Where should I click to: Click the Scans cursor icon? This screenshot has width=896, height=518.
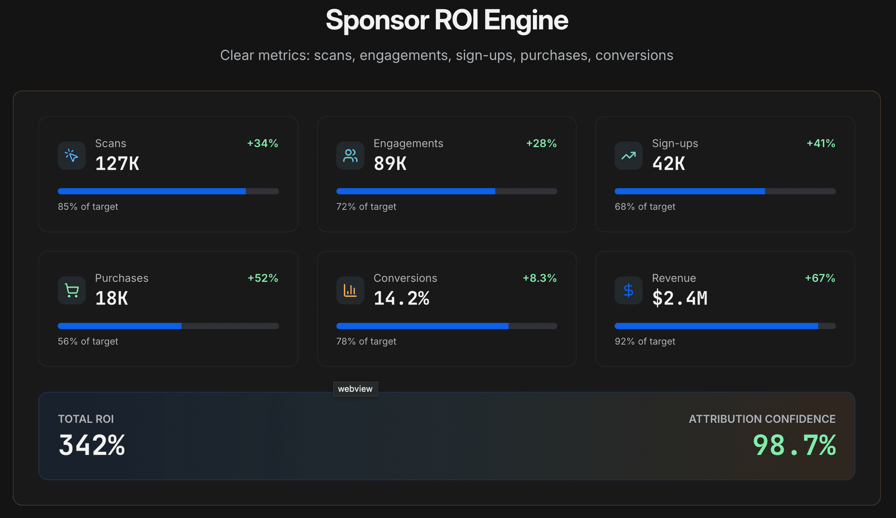71,155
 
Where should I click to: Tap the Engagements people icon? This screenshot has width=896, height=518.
350,155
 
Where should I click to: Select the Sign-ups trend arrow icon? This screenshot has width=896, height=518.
628,155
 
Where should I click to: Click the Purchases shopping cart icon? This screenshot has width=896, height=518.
71,290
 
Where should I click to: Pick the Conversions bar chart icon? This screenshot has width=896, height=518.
350,290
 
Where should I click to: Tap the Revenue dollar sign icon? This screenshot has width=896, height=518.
628,290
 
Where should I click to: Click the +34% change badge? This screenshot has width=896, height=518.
262,143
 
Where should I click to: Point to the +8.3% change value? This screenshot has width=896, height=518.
539,278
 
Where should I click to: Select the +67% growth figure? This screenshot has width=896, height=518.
820,278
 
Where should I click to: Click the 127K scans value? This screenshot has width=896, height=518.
117,164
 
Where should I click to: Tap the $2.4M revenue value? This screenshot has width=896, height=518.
679,298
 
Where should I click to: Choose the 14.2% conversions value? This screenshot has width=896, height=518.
401,298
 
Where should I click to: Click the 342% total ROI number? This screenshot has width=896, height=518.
92,445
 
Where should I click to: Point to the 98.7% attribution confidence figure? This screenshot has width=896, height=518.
794,445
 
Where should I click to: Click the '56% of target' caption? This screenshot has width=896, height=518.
88,341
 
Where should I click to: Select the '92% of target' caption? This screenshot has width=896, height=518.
645,341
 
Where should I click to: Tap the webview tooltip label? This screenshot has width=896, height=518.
355,389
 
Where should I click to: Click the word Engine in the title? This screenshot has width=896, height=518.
526,20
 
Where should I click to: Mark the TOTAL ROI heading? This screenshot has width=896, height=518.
86,419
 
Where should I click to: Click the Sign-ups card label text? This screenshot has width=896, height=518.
675,143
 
